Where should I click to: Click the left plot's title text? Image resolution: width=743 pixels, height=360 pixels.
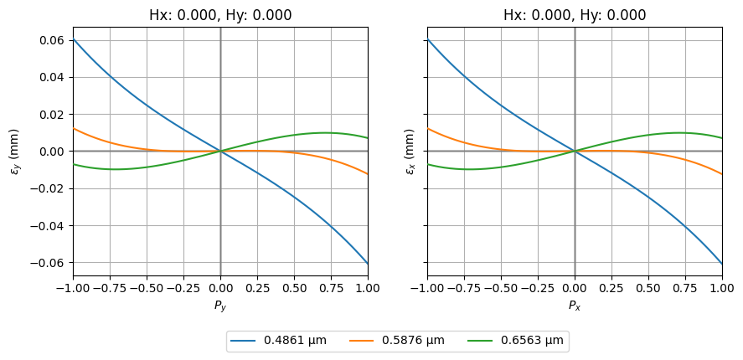coord(220,15)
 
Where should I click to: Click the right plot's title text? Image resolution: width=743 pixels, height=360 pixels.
coord(575,15)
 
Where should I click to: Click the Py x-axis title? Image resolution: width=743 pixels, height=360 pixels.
coord(220,306)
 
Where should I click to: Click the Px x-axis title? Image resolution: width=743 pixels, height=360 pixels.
coord(575,306)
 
